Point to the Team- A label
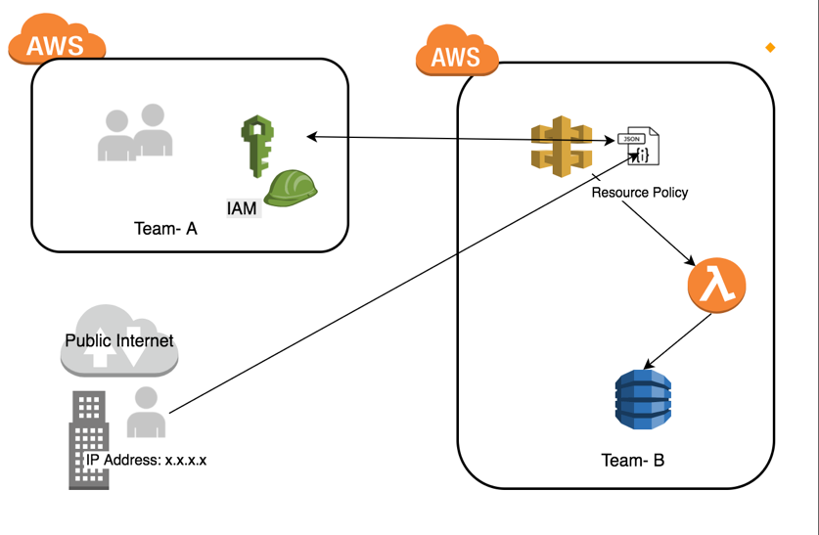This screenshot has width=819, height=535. (x=165, y=229)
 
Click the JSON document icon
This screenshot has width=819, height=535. (x=643, y=147)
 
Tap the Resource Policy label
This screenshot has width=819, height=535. (x=639, y=193)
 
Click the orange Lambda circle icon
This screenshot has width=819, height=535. (x=716, y=285)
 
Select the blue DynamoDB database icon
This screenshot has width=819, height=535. (x=643, y=399)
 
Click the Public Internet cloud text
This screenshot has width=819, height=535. (x=118, y=340)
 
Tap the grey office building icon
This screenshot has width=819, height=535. (x=88, y=440)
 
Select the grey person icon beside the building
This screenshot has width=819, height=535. (x=147, y=412)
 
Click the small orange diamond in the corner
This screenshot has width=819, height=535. (x=770, y=47)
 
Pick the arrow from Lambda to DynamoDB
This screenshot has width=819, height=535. (x=679, y=341)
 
